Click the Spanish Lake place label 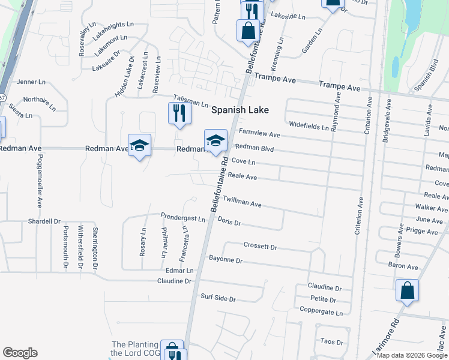click(240, 110)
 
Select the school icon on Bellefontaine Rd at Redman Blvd click(215, 142)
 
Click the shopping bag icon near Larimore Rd click(407, 290)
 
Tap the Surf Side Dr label click(218, 298)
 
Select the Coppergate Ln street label click(322, 312)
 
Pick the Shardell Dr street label click(44, 221)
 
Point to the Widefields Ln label click(309, 127)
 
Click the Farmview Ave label click(259, 133)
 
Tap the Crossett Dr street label click(261, 246)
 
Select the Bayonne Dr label click(225, 260)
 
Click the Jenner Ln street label click(31, 82)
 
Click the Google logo click(20, 353)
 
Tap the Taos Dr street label click(331, 342)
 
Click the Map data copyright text click(411, 355)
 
